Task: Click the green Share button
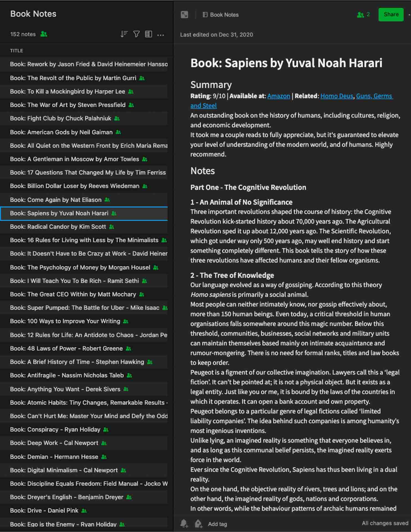[x=391, y=14]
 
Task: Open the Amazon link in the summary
[x=278, y=96]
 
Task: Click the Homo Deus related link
[x=336, y=96]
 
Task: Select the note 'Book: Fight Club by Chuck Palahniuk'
[x=61, y=119]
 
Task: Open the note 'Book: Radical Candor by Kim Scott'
[x=58, y=227]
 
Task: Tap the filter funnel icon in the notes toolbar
[x=136, y=34]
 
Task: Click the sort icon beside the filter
[x=124, y=34]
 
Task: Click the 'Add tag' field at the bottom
[x=217, y=524]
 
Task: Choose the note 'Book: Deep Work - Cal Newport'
[x=54, y=443]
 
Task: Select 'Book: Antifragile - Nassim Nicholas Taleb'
[x=67, y=375]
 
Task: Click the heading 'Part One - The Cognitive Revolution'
[x=248, y=188]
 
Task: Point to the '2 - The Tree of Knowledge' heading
[x=232, y=275]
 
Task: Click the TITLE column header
[x=17, y=51]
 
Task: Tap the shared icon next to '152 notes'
[x=44, y=34]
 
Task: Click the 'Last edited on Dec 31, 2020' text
[x=217, y=35]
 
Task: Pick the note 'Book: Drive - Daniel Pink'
[x=44, y=511]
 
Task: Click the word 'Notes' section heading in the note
[x=202, y=171]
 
